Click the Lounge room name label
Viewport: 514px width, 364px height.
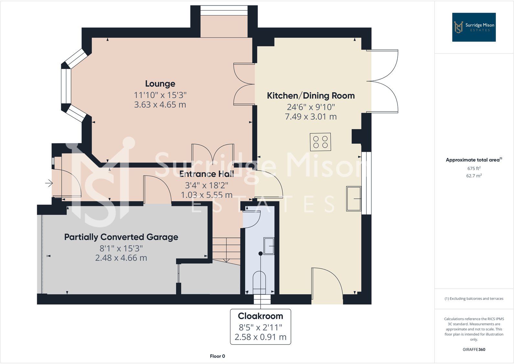[160, 84]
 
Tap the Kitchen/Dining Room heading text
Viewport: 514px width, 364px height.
[311, 96]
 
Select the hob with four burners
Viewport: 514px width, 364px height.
[320, 142]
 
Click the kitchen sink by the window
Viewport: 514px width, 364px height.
[354, 199]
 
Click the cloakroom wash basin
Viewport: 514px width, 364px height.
[269, 246]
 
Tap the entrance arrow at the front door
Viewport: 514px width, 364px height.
[49, 183]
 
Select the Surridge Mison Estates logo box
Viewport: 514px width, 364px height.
[474, 27]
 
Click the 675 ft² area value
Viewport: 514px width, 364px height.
[474, 168]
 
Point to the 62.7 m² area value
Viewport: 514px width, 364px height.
[474, 176]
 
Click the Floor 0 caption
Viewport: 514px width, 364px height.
[217, 356]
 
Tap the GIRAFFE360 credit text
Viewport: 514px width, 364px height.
[474, 349]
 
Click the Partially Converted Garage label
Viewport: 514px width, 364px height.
[121, 237]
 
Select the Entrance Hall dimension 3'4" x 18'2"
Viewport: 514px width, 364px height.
[207, 185]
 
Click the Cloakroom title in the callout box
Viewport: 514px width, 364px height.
[260, 316]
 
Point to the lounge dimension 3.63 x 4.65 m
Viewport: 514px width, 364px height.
[160, 105]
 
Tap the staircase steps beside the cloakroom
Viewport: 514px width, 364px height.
[226, 249]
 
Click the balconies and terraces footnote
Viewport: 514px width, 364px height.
[474, 298]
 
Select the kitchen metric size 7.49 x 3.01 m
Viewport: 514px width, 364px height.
[311, 117]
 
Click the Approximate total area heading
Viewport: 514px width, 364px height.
[474, 160]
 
